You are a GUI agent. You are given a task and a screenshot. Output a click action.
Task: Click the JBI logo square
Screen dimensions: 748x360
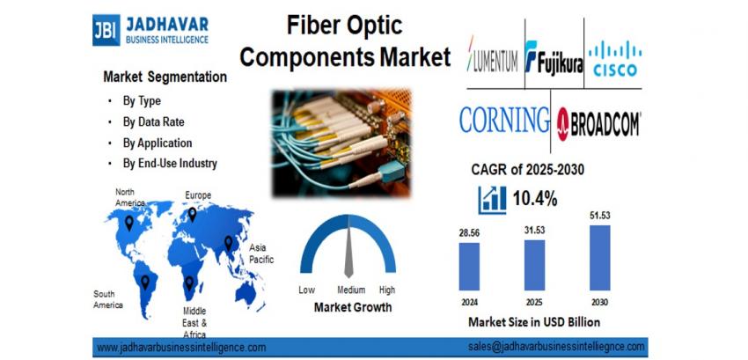[106, 30]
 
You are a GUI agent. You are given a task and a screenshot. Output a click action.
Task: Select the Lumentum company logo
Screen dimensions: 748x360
[492, 54]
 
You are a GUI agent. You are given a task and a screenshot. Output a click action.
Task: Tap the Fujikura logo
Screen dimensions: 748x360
[554, 57]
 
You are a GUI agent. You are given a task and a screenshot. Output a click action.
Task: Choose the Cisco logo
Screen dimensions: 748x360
[615, 58]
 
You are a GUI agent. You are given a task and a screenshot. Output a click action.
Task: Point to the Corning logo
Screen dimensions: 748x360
[504, 120]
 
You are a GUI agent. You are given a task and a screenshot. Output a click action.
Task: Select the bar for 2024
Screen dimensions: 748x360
[469, 267]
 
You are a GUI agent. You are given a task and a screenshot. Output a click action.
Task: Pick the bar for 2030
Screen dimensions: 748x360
[599, 258]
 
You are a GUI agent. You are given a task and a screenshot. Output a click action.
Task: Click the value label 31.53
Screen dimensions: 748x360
[534, 231]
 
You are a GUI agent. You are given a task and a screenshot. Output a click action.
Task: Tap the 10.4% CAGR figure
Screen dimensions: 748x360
[535, 199]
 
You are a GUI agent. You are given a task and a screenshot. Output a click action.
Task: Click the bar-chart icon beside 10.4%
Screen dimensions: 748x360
[492, 200]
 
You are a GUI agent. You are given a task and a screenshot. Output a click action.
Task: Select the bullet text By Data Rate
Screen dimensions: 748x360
[153, 122]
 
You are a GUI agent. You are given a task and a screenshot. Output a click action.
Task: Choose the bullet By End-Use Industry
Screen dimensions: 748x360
[170, 164]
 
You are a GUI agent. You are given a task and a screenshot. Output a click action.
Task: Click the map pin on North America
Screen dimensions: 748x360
[128, 223]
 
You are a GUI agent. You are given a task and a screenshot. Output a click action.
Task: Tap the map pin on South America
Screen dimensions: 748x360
[145, 283]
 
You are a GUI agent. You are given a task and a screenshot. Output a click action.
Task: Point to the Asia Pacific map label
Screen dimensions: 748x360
[261, 253]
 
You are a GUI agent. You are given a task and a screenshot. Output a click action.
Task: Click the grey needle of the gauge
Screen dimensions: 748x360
[348, 251]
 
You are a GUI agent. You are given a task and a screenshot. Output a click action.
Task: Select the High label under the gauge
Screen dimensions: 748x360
[387, 290]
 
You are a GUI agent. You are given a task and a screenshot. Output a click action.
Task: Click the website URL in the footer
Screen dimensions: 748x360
[181, 347]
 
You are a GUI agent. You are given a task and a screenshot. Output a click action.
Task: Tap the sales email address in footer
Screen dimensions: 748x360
[556, 347]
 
